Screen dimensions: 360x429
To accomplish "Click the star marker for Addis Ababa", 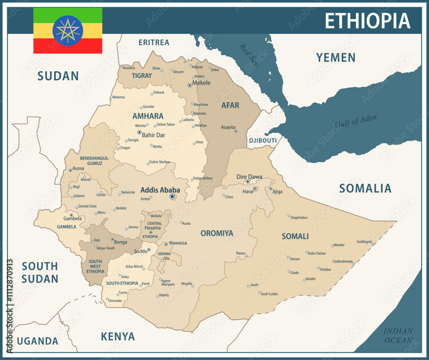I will (172, 196).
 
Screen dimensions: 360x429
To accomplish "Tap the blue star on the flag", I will (68, 30).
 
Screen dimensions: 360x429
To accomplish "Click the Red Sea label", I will (250, 55).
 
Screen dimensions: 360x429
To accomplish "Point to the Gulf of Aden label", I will (356, 121).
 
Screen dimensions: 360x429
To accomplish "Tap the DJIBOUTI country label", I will (263, 141).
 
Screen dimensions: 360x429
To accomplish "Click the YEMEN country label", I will (335, 57).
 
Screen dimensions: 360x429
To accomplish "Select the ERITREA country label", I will (154, 42).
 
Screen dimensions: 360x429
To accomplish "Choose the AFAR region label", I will (230, 105).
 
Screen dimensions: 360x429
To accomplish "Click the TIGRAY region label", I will (142, 75).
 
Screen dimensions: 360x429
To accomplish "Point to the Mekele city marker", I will (190, 85).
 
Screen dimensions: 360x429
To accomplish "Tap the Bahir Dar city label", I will (154, 135).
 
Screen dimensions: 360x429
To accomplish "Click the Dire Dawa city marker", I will (248, 182).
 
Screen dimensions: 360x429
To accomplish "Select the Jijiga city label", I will (278, 192).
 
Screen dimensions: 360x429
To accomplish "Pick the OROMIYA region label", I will (217, 234).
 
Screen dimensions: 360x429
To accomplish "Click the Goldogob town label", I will (364, 242).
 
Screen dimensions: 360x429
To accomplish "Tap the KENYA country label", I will (118, 336).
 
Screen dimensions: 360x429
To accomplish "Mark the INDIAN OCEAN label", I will (398, 336).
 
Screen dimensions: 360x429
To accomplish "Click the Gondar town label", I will (149, 106).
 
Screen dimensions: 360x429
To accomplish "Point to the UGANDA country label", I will (38, 341).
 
